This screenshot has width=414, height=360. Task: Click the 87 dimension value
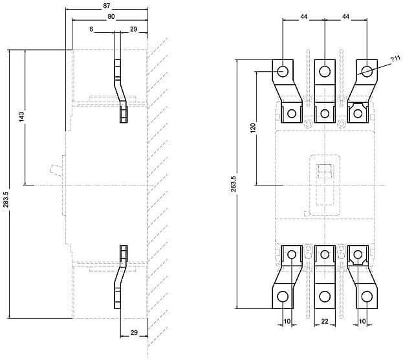coord(107,6)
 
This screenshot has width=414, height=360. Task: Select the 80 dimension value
coord(111,17)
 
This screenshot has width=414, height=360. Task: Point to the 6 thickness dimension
coord(91,29)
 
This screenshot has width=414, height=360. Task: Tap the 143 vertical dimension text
coord(21,117)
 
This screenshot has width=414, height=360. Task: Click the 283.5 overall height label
coord(6,199)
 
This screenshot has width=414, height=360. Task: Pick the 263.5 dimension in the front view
coord(234,184)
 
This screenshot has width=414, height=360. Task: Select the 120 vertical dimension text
coord(253,128)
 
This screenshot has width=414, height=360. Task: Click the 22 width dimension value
coord(325,321)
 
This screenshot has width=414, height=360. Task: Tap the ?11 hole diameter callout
coord(396,59)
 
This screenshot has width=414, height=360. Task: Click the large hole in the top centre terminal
coord(325,71)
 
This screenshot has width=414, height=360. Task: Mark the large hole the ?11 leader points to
coord(367,71)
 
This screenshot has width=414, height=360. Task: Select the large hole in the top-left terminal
coord(283,71)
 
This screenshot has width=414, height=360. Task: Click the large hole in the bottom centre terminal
coord(325,297)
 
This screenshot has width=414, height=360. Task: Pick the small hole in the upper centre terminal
coord(325,114)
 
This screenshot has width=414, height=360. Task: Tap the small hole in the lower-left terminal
coord(292,255)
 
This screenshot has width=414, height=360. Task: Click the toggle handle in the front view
coord(325,171)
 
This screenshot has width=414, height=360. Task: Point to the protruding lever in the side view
coord(56,170)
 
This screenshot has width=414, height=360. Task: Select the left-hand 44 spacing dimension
coord(304,17)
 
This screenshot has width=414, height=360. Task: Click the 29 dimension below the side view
coord(134,333)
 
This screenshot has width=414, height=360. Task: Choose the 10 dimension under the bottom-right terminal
coord(362,321)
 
